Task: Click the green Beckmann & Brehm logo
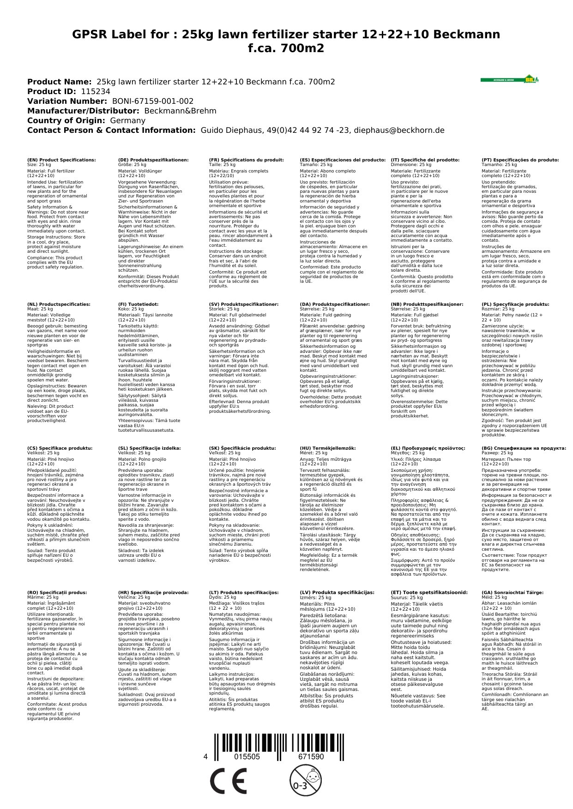coord(509,79)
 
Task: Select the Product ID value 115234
coord(96,91)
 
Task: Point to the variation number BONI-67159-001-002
coord(153,101)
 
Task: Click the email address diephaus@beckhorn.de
coord(398,130)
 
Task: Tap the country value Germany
coord(127,120)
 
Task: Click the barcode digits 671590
coord(311,757)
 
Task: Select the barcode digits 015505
coord(247,757)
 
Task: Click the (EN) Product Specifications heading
coord(61,160)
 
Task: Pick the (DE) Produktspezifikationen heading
coord(153,160)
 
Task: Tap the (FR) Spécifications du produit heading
coord(246,160)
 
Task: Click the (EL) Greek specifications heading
coord(428,448)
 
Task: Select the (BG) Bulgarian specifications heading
coord(524,448)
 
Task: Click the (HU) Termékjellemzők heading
coord(328,448)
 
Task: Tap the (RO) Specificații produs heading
coord(57,592)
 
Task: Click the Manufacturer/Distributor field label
coord(83,111)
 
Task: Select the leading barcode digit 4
coord(205,757)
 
